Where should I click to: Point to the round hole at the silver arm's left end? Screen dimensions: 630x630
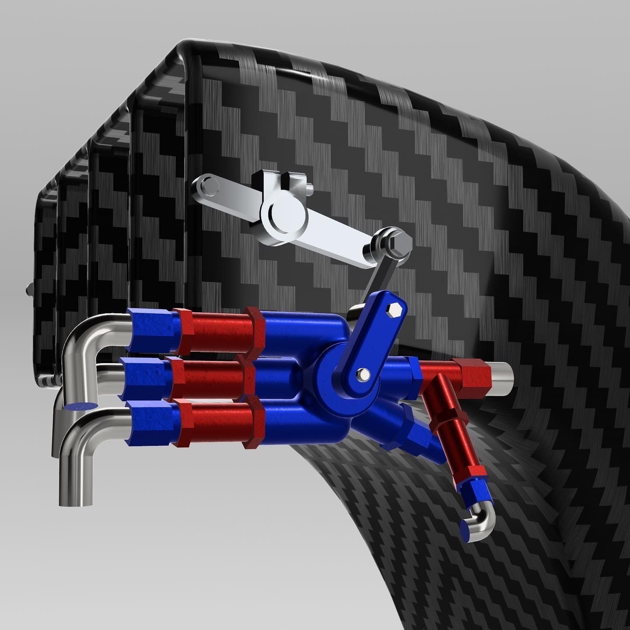(x=206, y=186)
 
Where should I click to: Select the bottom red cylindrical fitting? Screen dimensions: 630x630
(x=217, y=423)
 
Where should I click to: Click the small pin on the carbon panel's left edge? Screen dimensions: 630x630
(x=29, y=289)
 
